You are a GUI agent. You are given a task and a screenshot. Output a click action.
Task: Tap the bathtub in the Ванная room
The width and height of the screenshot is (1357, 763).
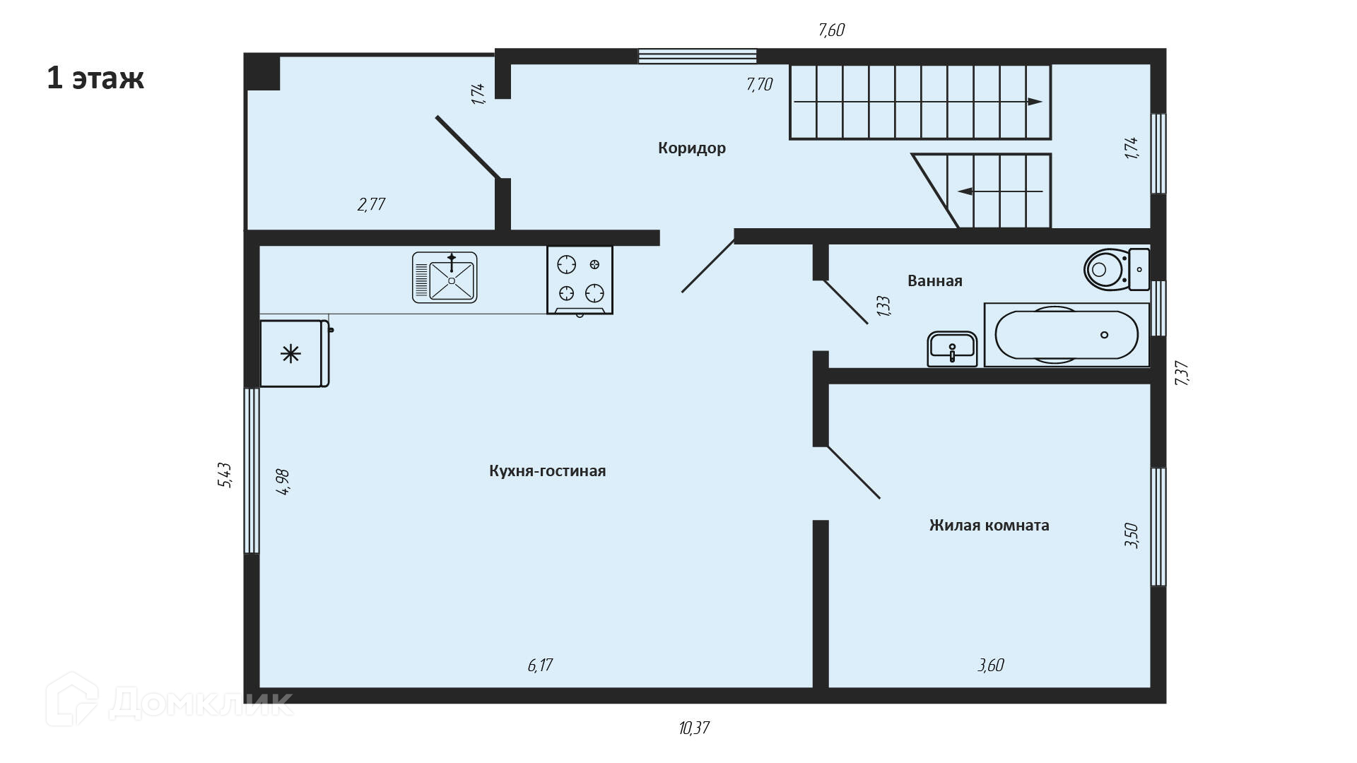click(1067, 335)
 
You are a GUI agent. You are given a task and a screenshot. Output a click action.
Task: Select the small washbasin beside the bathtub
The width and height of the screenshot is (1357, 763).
click(952, 349)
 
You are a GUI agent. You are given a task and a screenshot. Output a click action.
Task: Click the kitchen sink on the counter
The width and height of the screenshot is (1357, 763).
click(445, 278)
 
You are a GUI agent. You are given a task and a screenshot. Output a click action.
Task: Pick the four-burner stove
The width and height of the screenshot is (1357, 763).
click(580, 280)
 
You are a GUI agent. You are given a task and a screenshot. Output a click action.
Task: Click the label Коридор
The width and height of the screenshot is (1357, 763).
click(691, 148)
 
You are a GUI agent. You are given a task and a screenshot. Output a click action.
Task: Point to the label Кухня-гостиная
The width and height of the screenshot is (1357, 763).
click(547, 471)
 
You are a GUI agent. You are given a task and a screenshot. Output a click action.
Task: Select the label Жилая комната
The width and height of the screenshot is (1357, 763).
click(989, 526)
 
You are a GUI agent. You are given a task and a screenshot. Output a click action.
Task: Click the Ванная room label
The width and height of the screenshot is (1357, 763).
click(934, 281)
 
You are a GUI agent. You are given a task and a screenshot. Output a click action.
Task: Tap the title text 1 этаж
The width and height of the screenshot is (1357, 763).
click(95, 78)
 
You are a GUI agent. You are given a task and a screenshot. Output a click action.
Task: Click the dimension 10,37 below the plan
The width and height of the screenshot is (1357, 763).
click(693, 728)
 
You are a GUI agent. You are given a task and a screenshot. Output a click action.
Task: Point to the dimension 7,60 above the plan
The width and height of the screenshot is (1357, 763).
click(831, 30)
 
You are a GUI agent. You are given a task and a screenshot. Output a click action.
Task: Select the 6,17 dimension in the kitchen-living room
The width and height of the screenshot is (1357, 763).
click(540, 666)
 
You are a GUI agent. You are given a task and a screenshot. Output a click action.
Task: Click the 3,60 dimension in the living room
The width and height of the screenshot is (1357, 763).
click(990, 666)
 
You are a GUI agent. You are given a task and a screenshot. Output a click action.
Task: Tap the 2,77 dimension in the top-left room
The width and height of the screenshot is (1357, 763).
click(371, 205)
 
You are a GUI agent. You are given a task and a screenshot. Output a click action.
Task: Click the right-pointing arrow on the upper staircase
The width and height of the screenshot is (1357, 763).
click(1033, 102)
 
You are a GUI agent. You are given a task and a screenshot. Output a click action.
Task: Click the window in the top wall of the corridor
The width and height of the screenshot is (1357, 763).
click(698, 56)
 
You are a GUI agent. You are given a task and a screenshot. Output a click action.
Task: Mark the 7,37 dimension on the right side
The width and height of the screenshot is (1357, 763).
click(1182, 373)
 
